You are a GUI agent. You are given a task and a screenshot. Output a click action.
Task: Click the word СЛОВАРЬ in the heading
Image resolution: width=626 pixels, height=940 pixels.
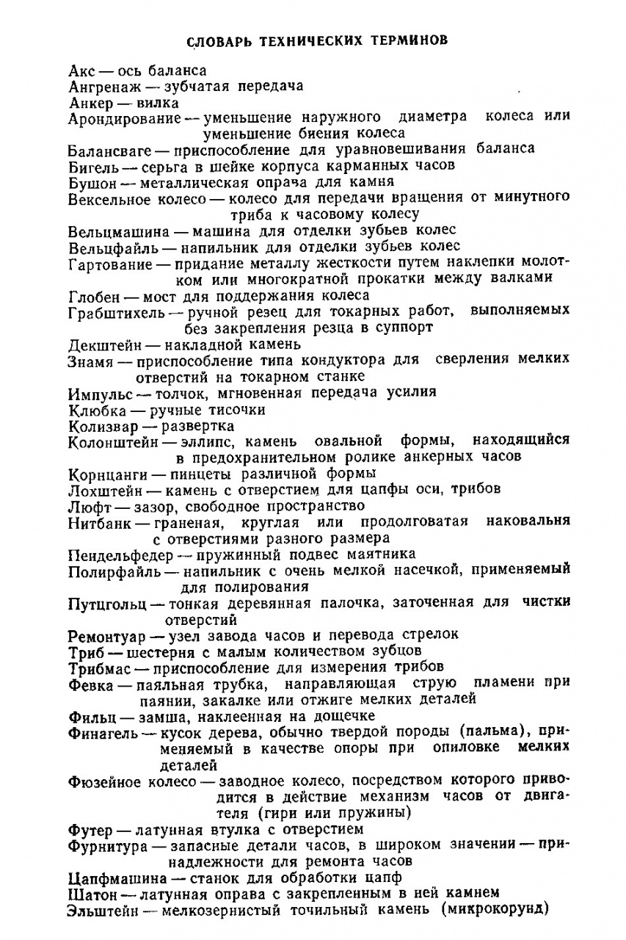point(219,40)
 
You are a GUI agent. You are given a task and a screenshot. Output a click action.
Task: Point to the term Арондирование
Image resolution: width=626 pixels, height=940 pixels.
point(124,117)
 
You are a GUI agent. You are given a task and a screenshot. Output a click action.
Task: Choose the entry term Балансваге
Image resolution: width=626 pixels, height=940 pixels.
point(111,149)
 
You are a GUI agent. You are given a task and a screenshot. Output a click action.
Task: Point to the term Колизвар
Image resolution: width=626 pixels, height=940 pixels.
point(98,425)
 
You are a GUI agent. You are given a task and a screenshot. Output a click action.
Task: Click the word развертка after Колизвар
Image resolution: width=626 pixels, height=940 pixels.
point(198,425)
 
